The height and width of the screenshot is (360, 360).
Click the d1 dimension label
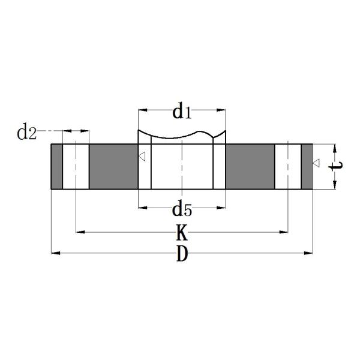click(x=181, y=112)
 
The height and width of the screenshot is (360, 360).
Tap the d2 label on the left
click(x=27, y=133)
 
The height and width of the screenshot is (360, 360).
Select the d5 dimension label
click(x=181, y=209)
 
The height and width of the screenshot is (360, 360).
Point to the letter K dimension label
click(x=181, y=232)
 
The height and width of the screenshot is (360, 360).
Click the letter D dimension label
click(x=182, y=254)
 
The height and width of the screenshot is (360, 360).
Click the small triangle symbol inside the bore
click(x=142, y=157)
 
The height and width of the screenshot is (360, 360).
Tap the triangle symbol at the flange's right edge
click(x=316, y=163)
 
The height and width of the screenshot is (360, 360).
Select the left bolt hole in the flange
click(x=76, y=167)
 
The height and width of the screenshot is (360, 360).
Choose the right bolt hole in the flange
click(x=288, y=167)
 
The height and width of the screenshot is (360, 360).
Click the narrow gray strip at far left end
click(x=56, y=167)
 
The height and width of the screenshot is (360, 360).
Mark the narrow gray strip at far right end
click(x=307, y=167)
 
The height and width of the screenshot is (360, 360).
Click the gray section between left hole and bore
click(x=113, y=167)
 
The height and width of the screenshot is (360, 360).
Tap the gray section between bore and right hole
click(x=250, y=167)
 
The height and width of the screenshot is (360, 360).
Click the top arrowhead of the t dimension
click(x=334, y=148)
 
